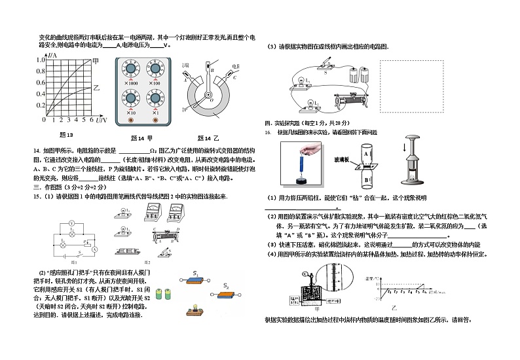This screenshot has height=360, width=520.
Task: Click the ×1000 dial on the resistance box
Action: pos(129,70)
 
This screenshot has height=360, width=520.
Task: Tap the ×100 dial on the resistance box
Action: pos(155,70)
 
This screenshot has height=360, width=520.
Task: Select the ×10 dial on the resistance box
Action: pos(129,99)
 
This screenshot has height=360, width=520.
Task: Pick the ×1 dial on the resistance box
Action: pos(155,99)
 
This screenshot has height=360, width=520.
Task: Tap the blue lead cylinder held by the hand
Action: pos(303,161)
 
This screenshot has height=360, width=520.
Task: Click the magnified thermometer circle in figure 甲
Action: pos(339,283)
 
